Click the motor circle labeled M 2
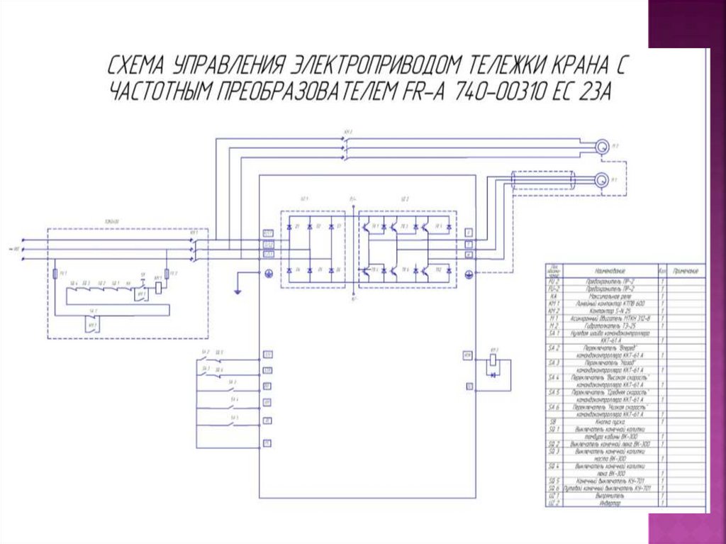(601, 147)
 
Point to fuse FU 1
(55, 273)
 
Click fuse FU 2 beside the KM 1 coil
(167, 274)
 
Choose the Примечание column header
(685, 271)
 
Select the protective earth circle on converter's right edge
(468, 273)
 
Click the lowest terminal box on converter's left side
(267, 443)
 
